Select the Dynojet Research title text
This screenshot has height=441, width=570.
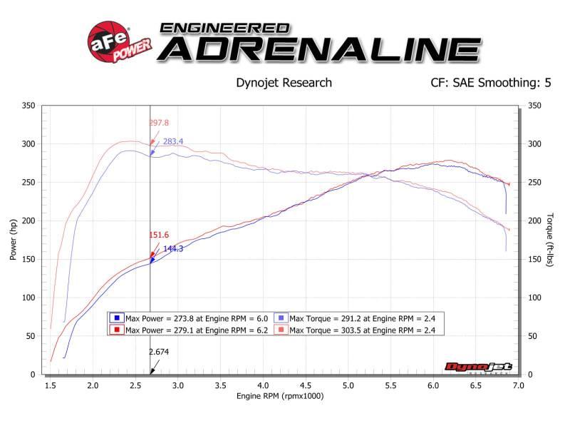(x=284, y=82)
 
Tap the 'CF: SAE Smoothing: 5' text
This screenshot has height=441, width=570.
(x=490, y=82)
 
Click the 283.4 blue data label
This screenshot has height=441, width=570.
(x=173, y=141)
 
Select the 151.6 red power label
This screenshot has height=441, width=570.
(x=160, y=234)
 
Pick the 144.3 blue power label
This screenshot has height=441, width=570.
(x=174, y=248)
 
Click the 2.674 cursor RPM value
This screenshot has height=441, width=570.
(x=159, y=351)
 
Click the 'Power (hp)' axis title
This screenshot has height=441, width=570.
(x=14, y=240)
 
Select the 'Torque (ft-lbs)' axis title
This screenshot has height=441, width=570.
(x=550, y=240)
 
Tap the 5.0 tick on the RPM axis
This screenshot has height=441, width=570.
(x=348, y=385)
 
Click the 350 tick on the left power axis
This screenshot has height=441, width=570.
(x=29, y=106)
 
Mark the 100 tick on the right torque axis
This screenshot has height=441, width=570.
(x=534, y=298)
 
